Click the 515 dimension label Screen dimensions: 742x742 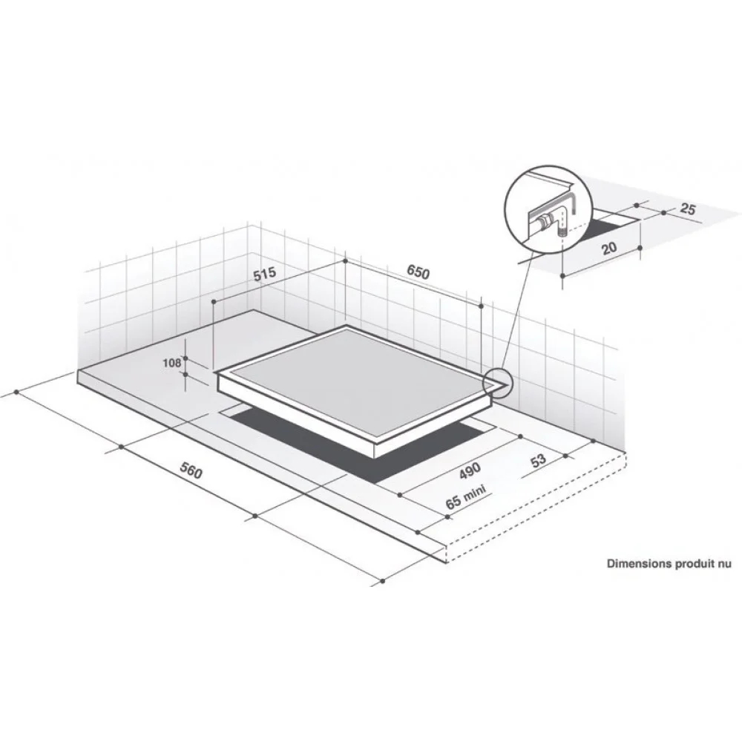(x=265, y=274)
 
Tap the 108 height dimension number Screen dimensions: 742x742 (x=172, y=363)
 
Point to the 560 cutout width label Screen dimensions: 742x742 (x=191, y=469)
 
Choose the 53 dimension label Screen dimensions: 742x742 (x=538, y=460)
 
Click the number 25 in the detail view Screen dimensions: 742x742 (x=687, y=209)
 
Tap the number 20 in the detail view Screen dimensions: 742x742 (x=609, y=248)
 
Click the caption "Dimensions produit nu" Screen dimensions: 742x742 (x=669, y=564)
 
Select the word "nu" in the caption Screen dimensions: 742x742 (x=726, y=564)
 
